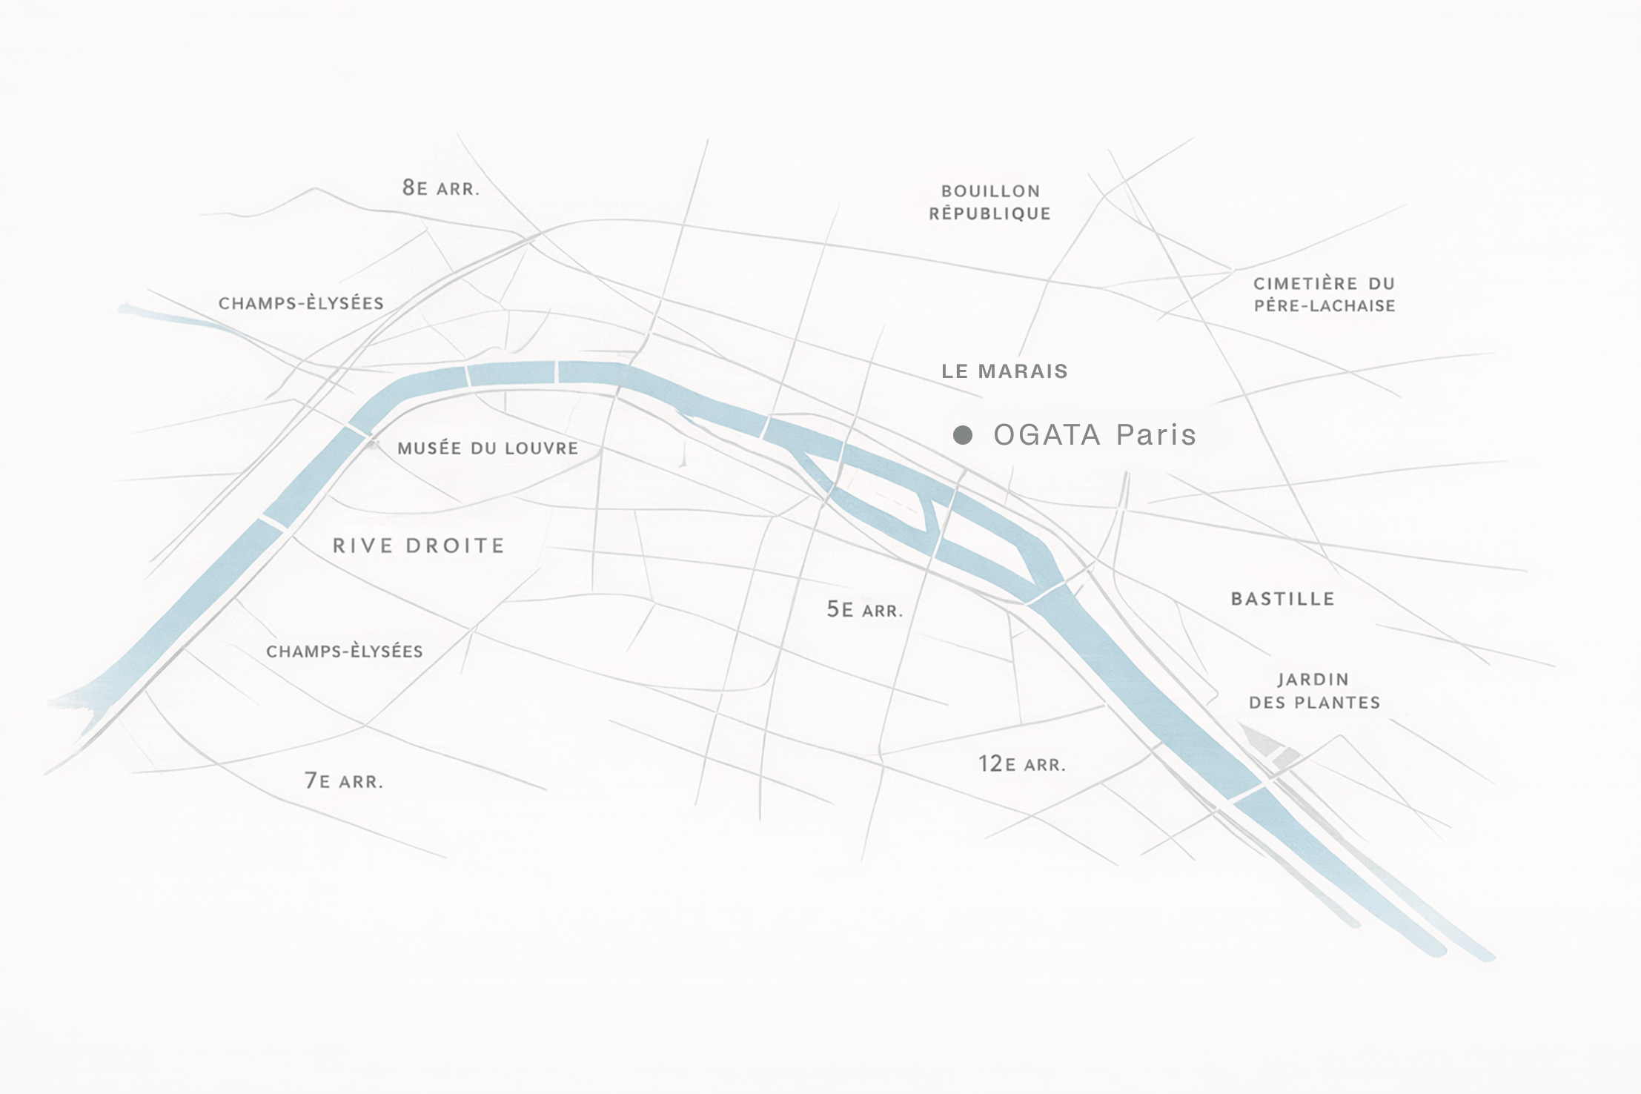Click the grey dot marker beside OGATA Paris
pos(962,435)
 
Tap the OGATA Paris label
pos(1094,435)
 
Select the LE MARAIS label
pos(1004,371)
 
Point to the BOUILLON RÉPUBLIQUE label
pos(990,202)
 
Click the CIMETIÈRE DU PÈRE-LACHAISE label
pos(1325,294)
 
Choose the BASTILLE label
pos(1282,599)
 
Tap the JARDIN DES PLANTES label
pos(1314,691)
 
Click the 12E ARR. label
pos(1021,764)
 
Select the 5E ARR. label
pos(864,610)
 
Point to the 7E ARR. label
pos(343,780)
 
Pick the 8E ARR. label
pos(440,188)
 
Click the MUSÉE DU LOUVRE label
pos(487,448)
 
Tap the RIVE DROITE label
pos(418,546)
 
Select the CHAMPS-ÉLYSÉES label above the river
pos(301,303)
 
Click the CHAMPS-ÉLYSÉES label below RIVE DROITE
pos(344,652)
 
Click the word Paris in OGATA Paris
pos(1156,435)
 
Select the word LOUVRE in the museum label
pos(543,448)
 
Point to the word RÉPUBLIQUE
pos(990,213)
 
